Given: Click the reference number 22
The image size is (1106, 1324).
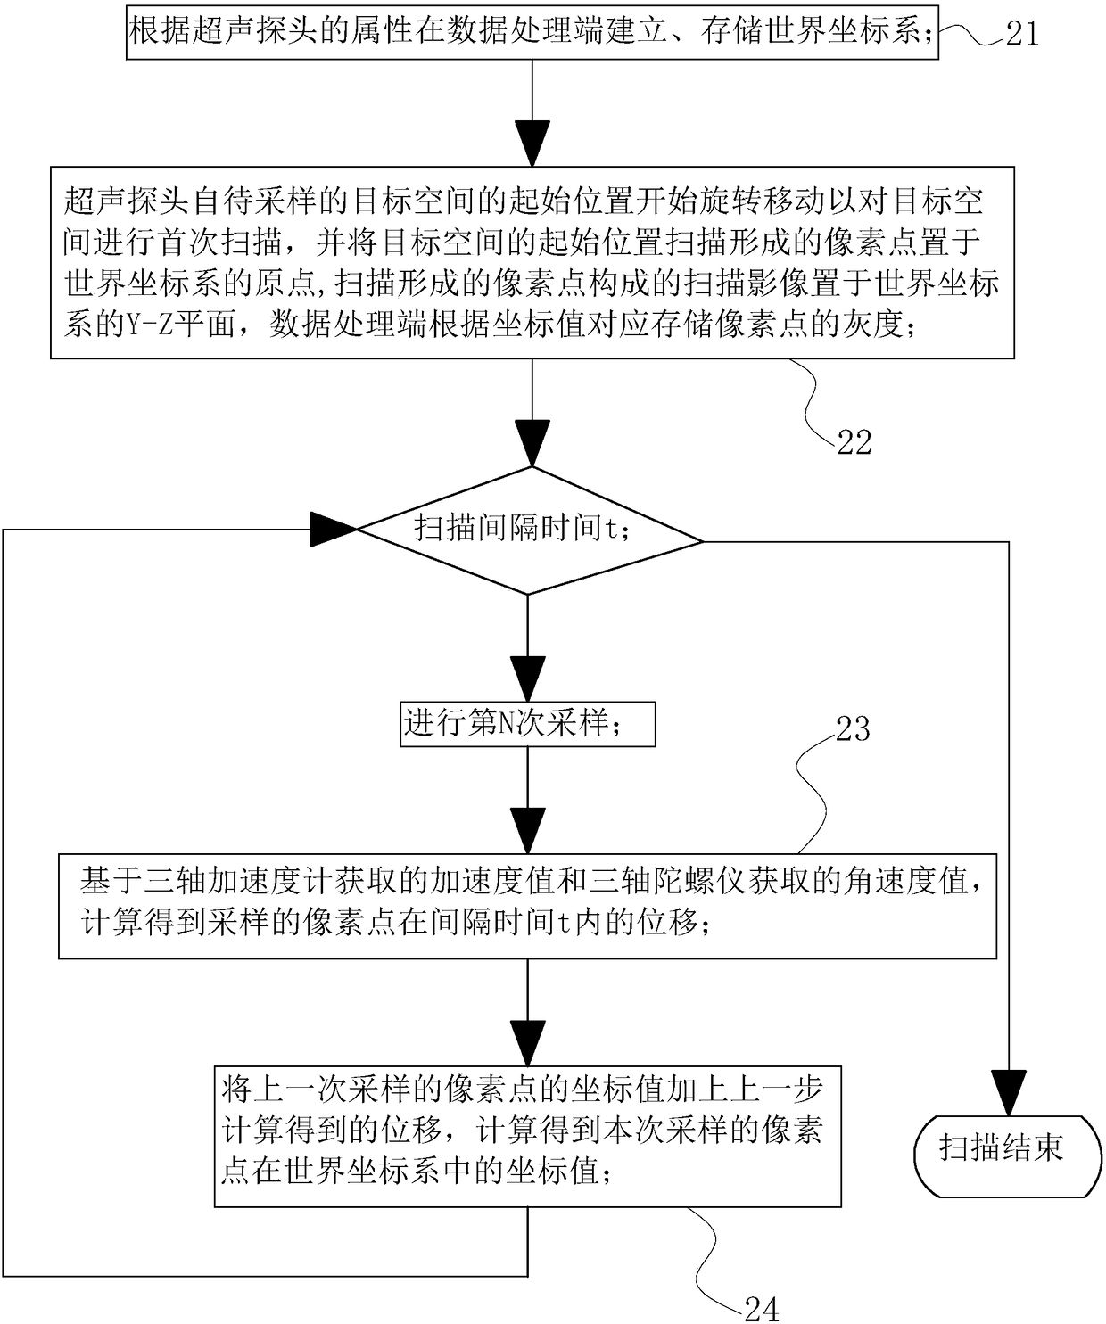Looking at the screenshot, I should [854, 442].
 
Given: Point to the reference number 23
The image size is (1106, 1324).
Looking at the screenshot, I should [852, 728].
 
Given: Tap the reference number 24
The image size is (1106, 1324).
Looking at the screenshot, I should [761, 1309].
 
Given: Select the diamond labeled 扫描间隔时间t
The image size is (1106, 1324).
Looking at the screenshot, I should [530, 530].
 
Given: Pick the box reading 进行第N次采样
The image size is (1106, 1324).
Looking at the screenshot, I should [527, 723].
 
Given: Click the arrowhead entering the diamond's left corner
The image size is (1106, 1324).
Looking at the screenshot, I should [334, 530].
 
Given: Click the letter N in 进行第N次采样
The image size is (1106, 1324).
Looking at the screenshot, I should [506, 723].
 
